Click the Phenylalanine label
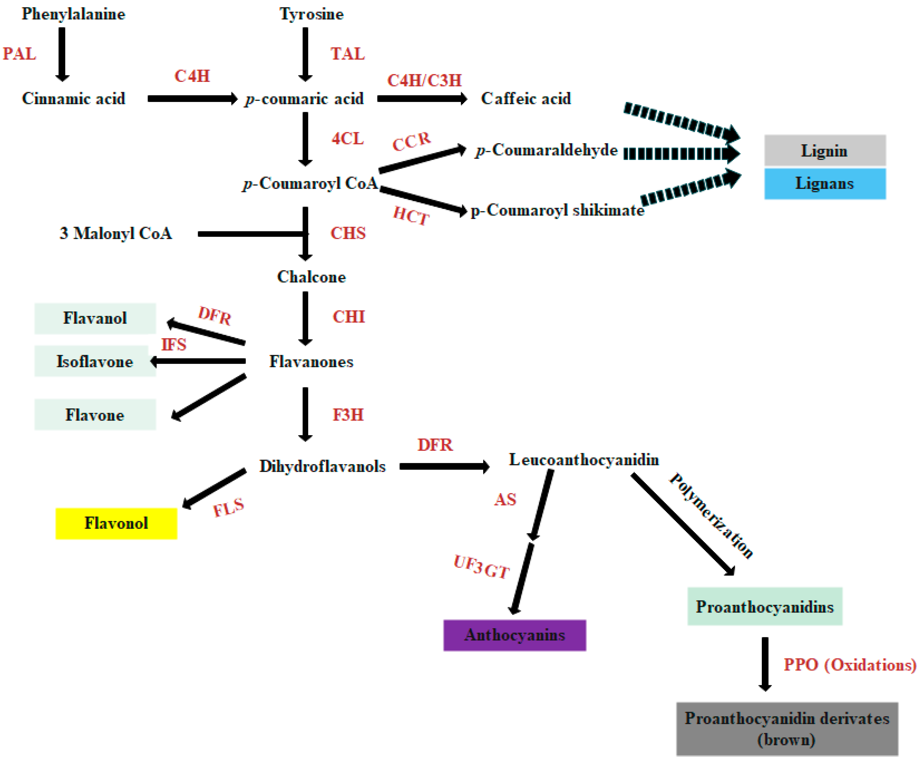(x=73, y=14)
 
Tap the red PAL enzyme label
(x=19, y=54)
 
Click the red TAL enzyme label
(x=347, y=54)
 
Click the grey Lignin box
(x=824, y=150)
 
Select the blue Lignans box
(x=824, y=184)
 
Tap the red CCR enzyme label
(x=411, y=141)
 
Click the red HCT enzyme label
(x=411, y=215)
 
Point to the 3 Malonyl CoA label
(x=116, y=233)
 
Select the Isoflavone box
(x=95, y=361)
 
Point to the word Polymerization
(x=711, y=516)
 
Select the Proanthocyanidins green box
(x=764, y=607)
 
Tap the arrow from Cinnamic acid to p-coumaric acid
(x=192, y=99)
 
